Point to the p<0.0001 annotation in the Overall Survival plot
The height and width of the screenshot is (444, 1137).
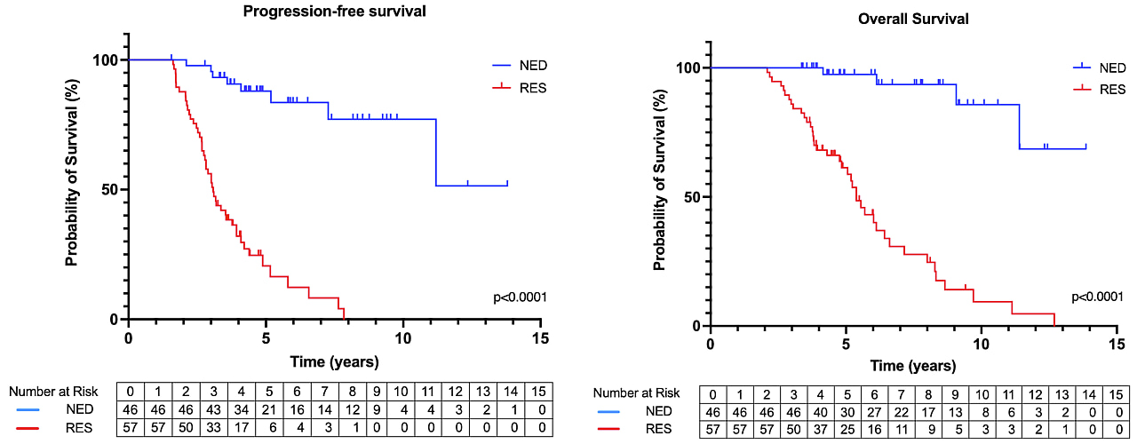[1101, 297]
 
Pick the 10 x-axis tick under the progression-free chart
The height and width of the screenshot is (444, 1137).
[402, 338]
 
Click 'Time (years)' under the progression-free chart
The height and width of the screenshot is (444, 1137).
[335, 361]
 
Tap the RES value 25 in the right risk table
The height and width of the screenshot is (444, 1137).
[848, 429]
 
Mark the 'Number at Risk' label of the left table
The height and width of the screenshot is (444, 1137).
[54, 391]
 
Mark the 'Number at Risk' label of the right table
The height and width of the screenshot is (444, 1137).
[636, 392]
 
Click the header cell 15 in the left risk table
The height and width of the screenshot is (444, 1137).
[538, 391]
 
